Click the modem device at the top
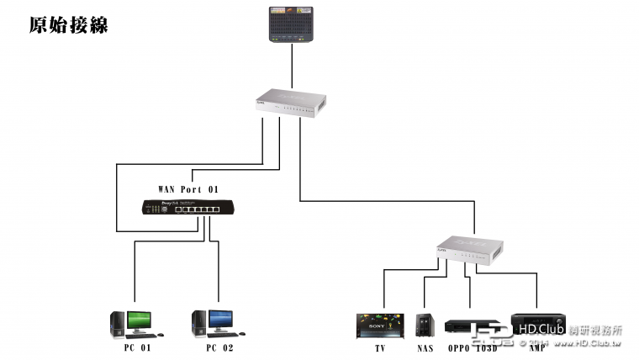coord(292,24)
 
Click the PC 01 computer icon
coord(131,324)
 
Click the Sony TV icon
coord(381,324)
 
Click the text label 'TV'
coord(381,347)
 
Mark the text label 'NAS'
coord(424,347)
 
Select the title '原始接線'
coord(68,24)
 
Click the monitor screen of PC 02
coord(219,319)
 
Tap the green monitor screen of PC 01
coord(139,319)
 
